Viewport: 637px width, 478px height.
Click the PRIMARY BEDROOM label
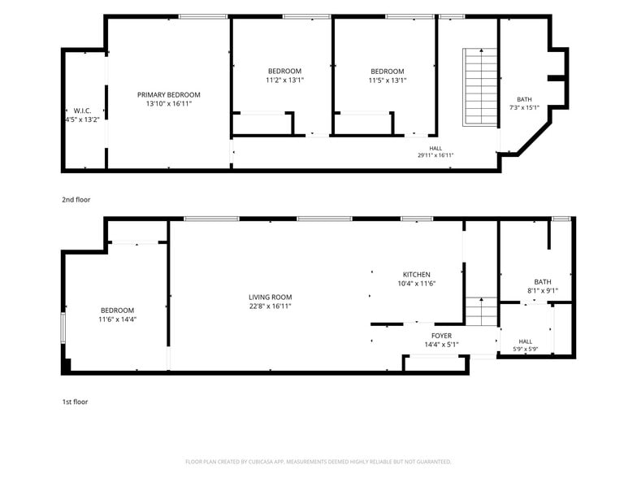tap(169, 94)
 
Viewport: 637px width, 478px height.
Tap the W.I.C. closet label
tap(83, 111)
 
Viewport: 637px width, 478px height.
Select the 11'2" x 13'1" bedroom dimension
tap(284, 80)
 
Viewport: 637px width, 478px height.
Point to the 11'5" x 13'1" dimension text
tap(388, 80)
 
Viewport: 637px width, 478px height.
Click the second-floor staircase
tap(481, 87)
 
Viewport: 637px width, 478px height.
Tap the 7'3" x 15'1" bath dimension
tap(525, 107)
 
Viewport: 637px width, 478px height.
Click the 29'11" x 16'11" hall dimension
tap(435, 155)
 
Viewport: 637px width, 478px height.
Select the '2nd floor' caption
tap(76, 200)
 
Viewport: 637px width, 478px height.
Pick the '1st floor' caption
tap(75, 402)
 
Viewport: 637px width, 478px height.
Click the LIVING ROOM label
tap(270, 298)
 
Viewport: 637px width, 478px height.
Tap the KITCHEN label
tap(416, 275)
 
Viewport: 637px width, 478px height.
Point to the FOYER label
tap(442, 336)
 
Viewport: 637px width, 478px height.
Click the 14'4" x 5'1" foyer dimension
tap(442, 345)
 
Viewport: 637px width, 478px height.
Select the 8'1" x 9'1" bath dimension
tap(543, 291)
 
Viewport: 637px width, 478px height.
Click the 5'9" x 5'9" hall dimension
tap(525, 349)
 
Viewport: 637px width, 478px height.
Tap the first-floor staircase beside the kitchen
tap(481, 311)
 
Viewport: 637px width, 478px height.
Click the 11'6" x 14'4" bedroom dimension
tap(117, 319)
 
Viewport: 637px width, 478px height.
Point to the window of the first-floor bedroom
tap(63, 328)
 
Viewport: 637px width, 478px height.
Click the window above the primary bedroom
tap(203, 16)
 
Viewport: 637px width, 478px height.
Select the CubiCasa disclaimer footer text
tap(318, 462)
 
